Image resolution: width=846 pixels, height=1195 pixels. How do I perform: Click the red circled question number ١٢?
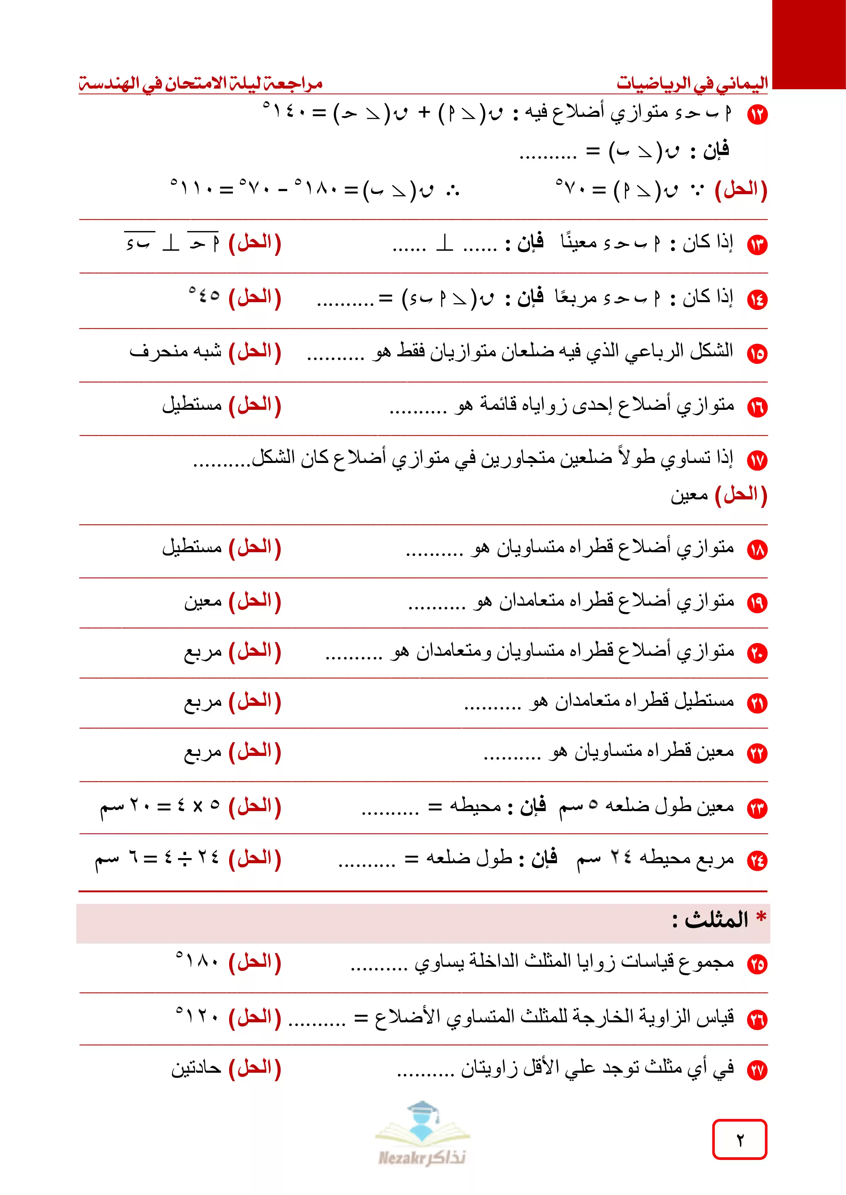point(757,114)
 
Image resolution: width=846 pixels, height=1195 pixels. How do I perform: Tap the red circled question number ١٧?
point(757,460)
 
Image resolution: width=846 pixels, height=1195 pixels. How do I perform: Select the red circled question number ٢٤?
point(757,861)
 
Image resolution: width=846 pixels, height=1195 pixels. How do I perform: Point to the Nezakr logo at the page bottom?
point(422,1135)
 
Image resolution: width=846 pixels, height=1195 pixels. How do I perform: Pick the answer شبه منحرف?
point(176,351)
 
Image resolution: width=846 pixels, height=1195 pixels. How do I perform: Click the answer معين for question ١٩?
point(203,601)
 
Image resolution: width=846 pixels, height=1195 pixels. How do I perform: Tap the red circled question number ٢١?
point(757,704)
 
